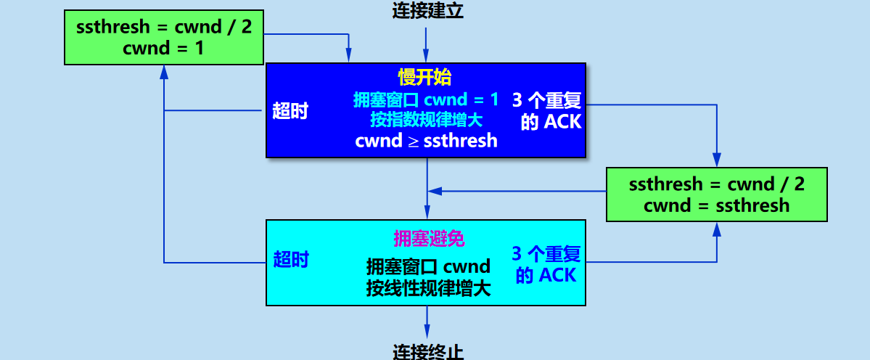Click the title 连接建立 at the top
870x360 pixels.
coord(427,10)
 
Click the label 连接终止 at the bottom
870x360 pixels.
coord(427,352)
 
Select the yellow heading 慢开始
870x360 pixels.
coord(425,77)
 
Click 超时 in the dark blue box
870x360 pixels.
coord(290,111)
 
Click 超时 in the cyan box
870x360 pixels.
coord(291,259)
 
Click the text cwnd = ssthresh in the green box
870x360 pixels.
coord(716,205)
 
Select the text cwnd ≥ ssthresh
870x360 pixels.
coord(426,141)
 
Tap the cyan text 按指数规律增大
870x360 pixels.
coord(426,119)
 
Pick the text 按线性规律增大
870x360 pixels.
coord(428,287)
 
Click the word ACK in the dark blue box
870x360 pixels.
coord(562,121)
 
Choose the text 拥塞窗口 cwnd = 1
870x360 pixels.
coord(426,99)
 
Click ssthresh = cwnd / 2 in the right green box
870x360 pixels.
coord(716,184)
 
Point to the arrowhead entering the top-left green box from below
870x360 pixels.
coord(164,71)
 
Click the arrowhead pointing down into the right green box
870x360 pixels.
coord(717,160)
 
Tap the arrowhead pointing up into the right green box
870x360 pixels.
coord(717,229)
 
